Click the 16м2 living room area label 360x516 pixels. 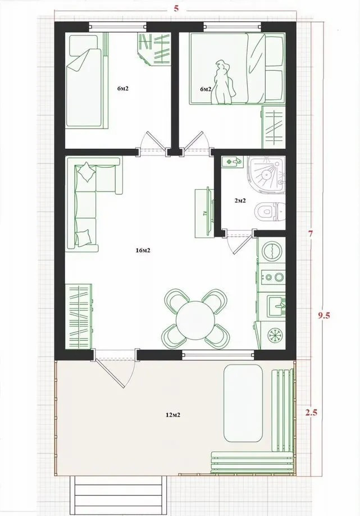(143, 250)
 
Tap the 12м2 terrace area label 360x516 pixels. (173, 415)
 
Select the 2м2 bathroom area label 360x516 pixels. (240, 200)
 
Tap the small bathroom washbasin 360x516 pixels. (232, 162)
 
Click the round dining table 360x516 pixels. (195, 320)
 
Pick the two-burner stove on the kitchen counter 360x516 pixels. (273, 277)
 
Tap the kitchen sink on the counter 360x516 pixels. (276, 305)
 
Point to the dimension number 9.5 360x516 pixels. (324, 316)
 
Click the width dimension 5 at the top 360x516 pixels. (176, 8)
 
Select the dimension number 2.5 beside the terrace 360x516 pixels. (311, 413)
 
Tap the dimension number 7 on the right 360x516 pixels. (311, 234)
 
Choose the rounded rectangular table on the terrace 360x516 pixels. (243, 403)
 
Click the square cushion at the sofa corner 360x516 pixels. (86, 172)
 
